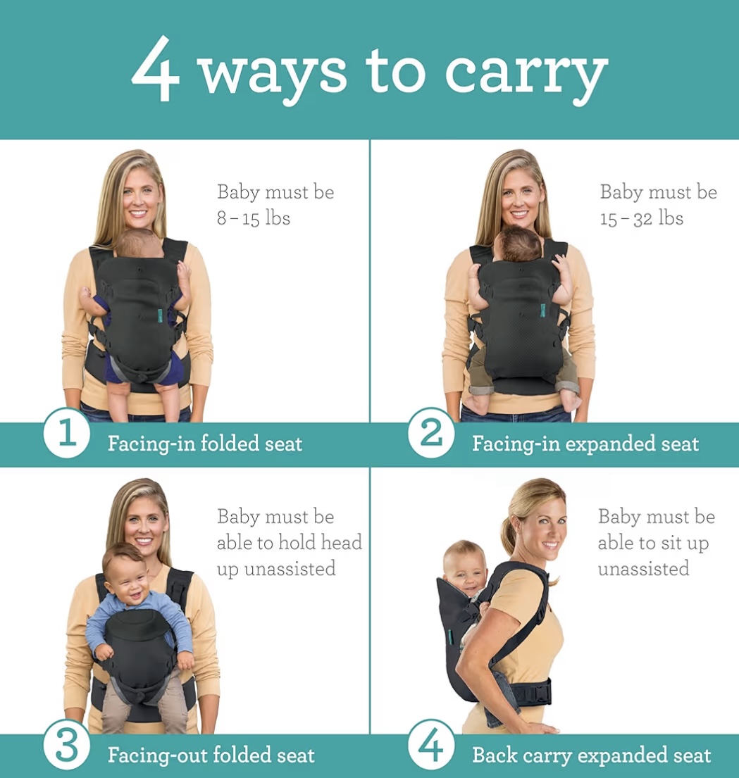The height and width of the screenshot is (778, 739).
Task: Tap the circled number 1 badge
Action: (x=66, y=433)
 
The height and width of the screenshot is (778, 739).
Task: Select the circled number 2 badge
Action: (x=431, y=433)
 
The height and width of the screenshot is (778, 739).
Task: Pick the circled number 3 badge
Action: (x=66, y=745)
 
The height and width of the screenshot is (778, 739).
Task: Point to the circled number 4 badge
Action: (x=431, y=744)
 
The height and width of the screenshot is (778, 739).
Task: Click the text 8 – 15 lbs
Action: (x=253, y=218)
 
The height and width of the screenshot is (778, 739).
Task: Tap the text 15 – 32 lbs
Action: (x=641, y=218)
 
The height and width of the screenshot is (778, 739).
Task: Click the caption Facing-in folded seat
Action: (x=204, y=443)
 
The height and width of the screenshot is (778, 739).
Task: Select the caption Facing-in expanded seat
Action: (x=585, y=443)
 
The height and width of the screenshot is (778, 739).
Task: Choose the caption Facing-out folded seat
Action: (x=211, y=755)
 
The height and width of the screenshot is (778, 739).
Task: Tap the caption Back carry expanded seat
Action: (x=592, y=755)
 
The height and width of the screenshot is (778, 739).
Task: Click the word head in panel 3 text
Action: (x=341, y=542)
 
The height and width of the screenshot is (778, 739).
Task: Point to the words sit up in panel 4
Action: (x=685, y=543)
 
